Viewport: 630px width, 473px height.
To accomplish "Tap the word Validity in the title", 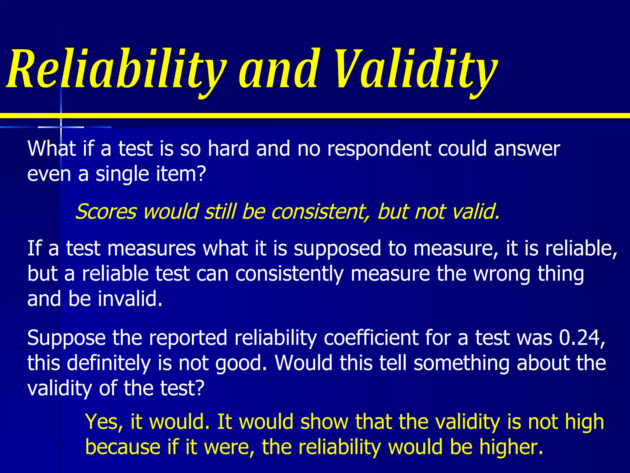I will click(415, 69).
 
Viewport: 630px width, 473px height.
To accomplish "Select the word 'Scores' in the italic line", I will click(106, 212).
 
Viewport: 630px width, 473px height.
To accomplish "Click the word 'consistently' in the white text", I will click(289, 274).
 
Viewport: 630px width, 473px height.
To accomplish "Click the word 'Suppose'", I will click(66, 338).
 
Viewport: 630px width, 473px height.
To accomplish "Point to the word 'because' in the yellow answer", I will click(123, 447).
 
